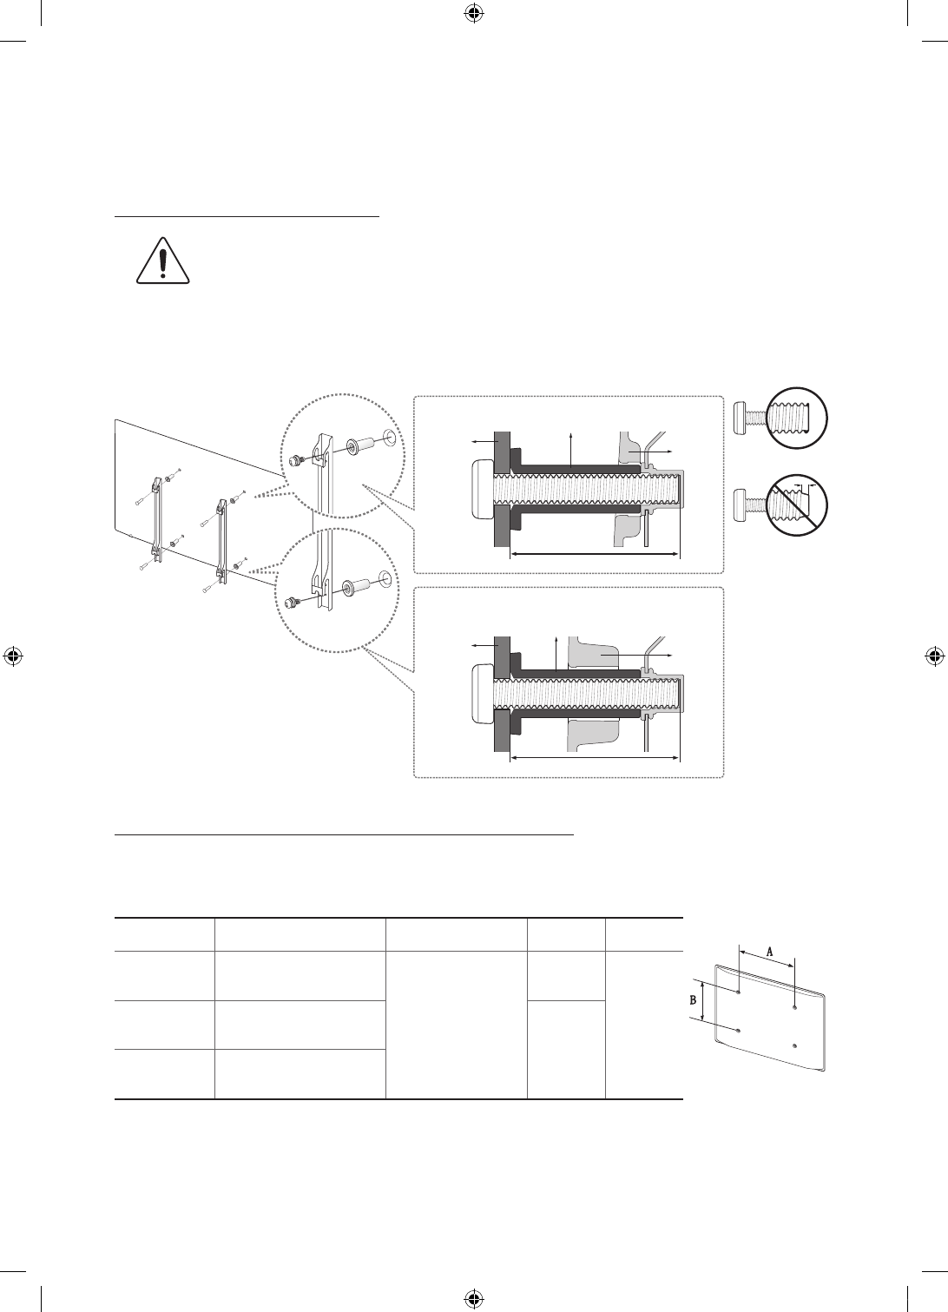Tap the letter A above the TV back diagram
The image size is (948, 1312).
pyautogui.click(x=769, y=952)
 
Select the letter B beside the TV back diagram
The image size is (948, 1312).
pyautogui.click(x=694, y=999)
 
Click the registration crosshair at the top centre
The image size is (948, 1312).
pyautogui.click(x=474, y=14)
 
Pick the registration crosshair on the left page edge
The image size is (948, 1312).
pyautogui.click(x=13, y=656)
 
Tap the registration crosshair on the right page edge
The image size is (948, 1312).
pyautogui.click(x=934, y=656)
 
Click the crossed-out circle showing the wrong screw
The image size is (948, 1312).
pyautogui.click(x=797, y=505)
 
